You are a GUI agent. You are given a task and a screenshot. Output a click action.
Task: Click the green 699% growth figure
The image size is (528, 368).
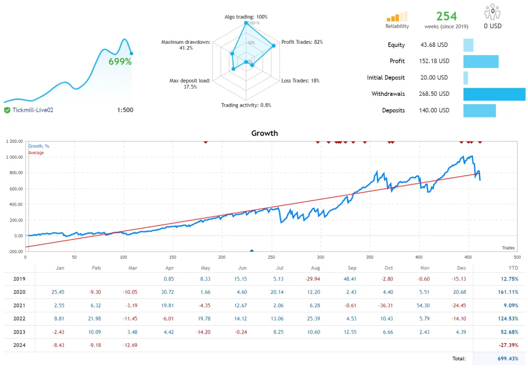click(x=120, y=61)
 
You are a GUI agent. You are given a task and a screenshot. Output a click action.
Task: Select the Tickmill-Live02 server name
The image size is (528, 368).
click(x=33, y=110)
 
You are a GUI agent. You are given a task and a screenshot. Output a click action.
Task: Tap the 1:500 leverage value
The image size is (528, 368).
click(x=125, y=110)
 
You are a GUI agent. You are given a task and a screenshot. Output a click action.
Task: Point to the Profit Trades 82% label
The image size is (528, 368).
click(x=302, y=42)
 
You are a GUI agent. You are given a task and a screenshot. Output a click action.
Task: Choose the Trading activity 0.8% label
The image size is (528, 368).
click(x=246, y=105)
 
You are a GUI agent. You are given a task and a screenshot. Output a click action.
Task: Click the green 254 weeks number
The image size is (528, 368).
click(x=447, y=16)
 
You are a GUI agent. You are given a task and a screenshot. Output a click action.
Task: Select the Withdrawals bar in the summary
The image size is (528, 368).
click(x=494, y=94)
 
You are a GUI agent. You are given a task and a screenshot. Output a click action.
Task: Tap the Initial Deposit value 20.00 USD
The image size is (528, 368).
click(x=435, y=77)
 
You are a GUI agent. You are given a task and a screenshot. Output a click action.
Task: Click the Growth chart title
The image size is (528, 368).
click(x=264, y=133)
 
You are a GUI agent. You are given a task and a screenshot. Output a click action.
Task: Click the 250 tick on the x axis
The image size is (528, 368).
click(x=271, y=256)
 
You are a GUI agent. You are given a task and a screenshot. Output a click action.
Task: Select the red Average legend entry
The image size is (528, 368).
click(x=36, y=153)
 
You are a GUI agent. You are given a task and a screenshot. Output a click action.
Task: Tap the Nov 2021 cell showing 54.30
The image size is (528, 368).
click(x=425, y=305)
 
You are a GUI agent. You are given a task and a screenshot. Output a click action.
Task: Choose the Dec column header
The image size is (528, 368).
click(x=461, y=267)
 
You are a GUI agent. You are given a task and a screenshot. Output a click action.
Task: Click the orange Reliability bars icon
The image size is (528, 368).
click(x=397, y=16)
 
